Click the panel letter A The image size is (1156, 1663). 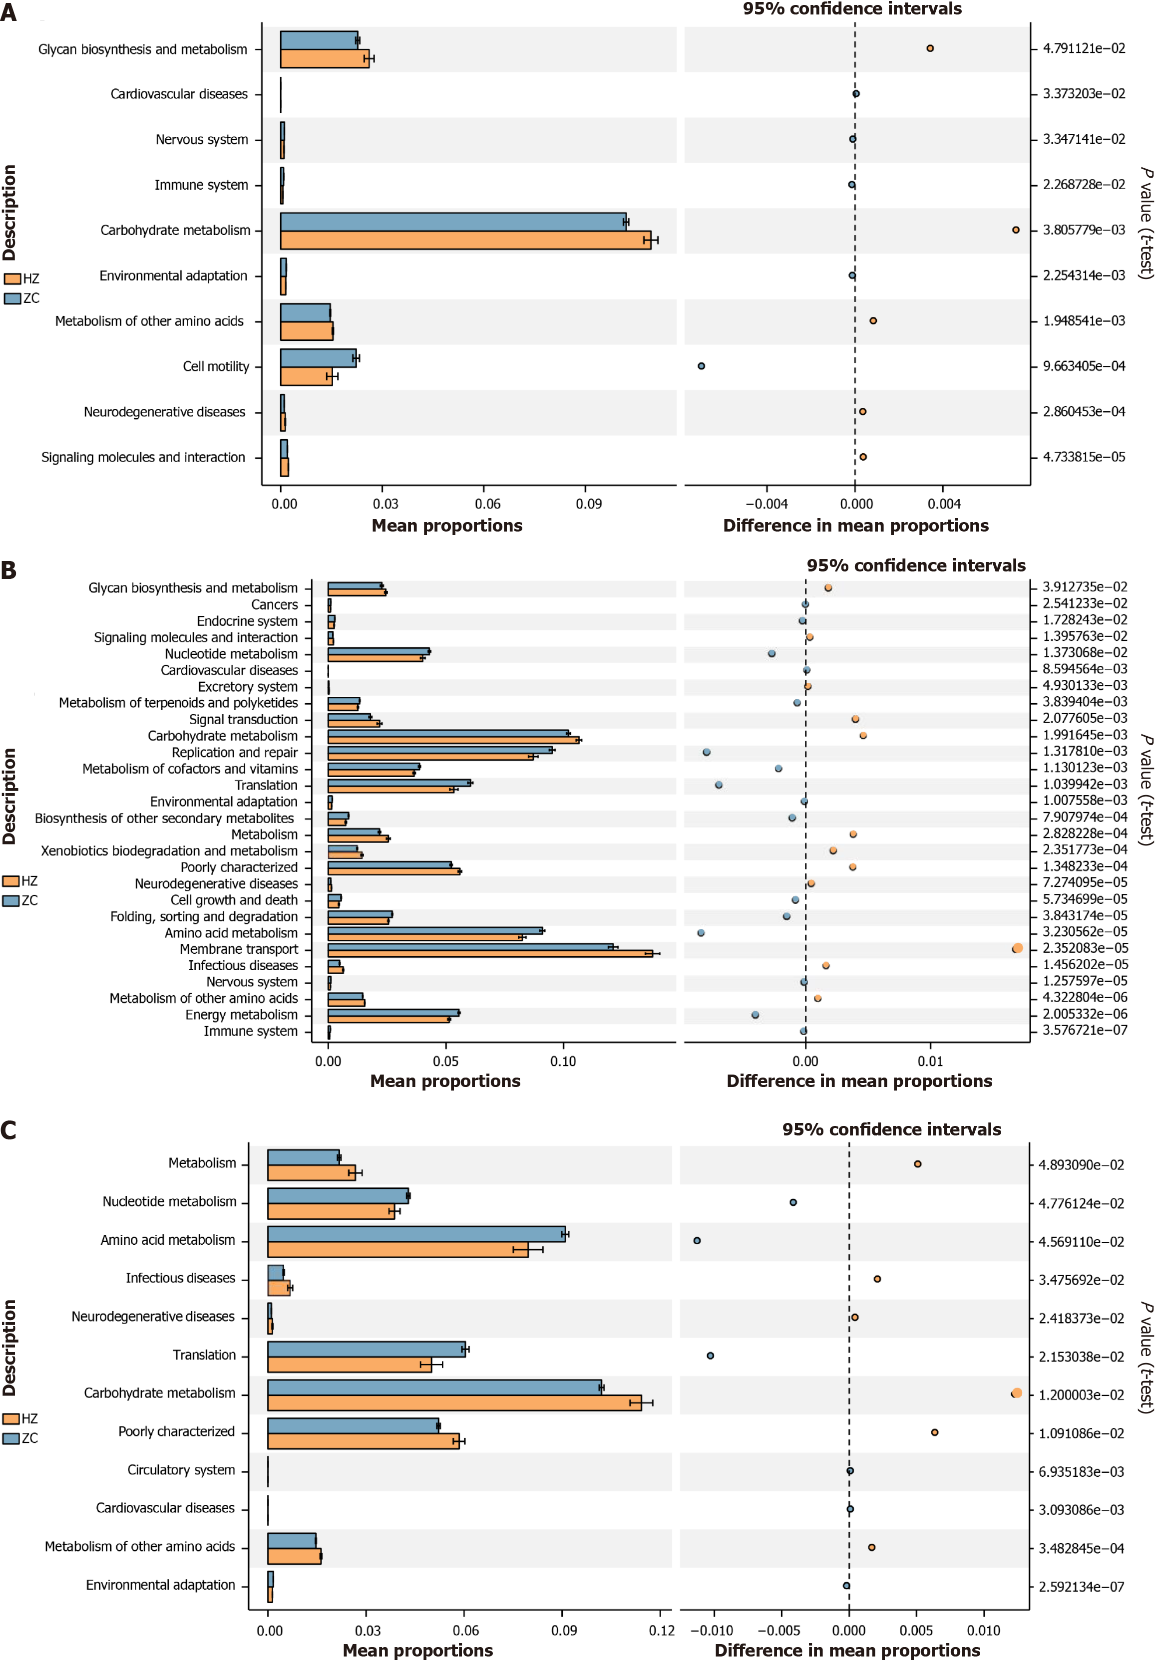click(8, 12)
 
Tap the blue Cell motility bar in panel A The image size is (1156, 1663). click(318, 358)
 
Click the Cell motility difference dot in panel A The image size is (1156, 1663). click(701, 366)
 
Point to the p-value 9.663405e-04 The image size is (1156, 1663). click(1084, 366)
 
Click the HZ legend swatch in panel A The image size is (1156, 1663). click(12, 278)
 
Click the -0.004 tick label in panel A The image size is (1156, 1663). click(767, 504)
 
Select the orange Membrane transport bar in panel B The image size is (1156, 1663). click(490, 953)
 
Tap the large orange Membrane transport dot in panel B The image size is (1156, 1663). click(1017, 948)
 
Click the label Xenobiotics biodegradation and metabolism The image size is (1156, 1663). click(169, 850)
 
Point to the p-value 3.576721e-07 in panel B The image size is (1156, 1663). click(1084, 1030)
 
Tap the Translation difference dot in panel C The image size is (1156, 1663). click(710, 1356)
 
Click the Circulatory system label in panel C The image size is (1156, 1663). click(181, 1470)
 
